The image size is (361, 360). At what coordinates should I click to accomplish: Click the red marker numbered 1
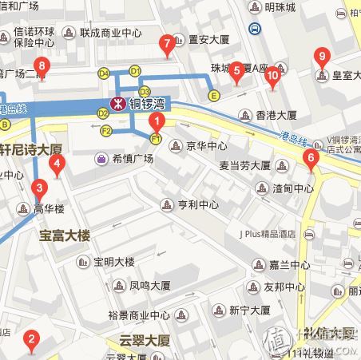(157, 123)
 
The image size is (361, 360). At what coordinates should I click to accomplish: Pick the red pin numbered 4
(57, 165)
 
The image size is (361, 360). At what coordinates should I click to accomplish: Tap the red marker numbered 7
(167, 44)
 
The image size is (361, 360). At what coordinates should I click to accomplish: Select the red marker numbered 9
(321, 57)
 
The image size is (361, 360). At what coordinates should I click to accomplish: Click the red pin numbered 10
(272, 77)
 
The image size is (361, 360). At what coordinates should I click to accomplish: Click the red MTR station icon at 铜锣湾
(117, 102)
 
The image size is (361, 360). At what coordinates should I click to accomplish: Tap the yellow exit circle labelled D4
(103, 73)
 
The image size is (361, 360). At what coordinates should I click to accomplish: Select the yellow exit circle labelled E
(212, 96)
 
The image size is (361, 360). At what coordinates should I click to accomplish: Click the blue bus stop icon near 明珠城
(255, 29)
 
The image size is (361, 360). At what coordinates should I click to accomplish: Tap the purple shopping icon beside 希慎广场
(102, 158)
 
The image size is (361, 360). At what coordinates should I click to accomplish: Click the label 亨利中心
(198, 204)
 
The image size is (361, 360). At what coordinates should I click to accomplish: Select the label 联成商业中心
(110, 34)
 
